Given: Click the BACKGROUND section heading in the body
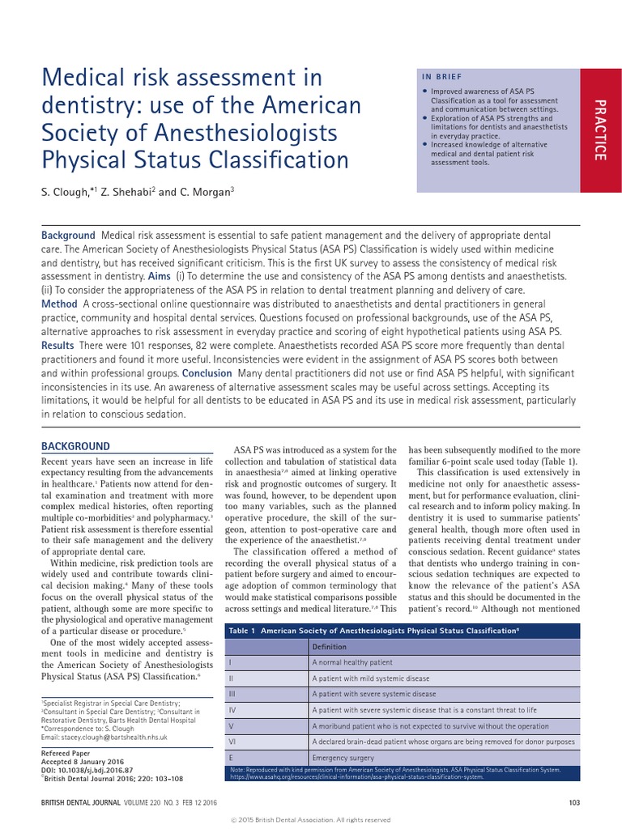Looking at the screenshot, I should pos(75,446).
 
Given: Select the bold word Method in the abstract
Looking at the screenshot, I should pos(59,304).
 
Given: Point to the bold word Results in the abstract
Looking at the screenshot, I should pos(58,346).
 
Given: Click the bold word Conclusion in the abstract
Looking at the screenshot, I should pos(207,373).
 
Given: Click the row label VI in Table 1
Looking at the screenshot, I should pos(232,741).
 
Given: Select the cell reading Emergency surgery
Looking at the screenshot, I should pos(342,756).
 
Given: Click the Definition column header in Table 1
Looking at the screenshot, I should pos(329,647).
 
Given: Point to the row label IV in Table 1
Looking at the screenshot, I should pos(232,710).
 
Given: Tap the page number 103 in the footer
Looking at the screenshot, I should pos(575,802).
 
